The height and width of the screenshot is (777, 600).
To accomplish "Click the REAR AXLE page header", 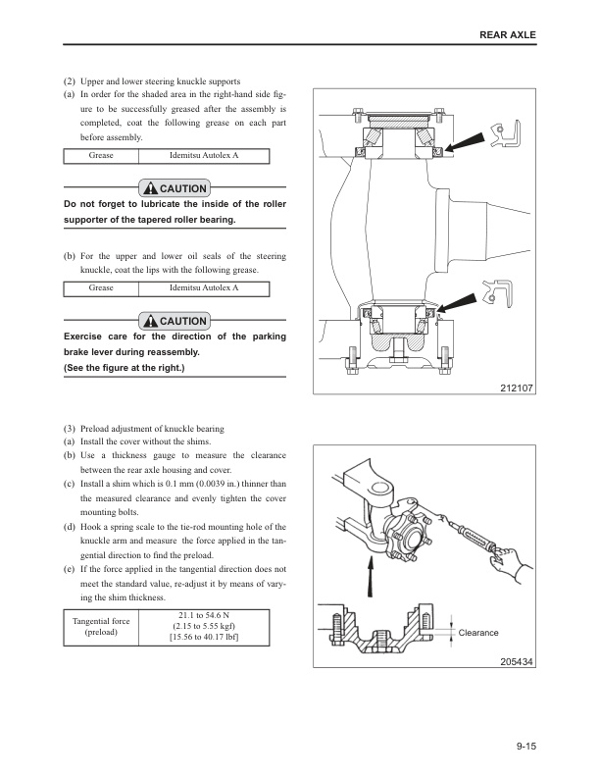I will [509, 35].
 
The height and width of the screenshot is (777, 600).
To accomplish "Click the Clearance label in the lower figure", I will [478, 633].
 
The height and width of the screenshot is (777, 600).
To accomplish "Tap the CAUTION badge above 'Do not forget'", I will [175, 188].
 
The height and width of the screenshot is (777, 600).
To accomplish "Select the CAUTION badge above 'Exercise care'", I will [175, 321].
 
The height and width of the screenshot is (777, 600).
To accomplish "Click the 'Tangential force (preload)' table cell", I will [101, 627].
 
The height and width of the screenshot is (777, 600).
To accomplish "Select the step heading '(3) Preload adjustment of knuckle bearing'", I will [143, 429].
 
